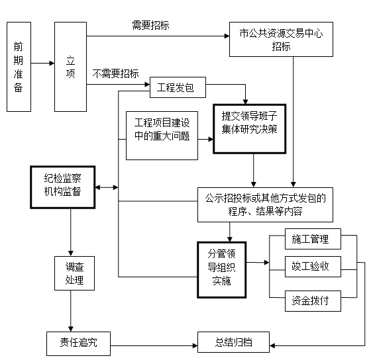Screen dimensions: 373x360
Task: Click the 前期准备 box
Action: [19, 67]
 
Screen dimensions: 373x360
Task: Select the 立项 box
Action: [70, 67]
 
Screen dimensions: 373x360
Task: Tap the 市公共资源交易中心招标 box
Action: [281, 40]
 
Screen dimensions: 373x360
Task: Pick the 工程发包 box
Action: [178, 87]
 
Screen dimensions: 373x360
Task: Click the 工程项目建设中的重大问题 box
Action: [162, 136]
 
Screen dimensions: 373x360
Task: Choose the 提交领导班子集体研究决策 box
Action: [250, 129]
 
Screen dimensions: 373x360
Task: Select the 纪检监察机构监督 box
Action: [63, 187]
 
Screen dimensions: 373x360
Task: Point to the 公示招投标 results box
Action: [265, 205]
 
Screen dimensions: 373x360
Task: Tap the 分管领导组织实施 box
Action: [222, 270]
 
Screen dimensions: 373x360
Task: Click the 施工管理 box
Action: [313, 239]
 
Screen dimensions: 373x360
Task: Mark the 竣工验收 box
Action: [313, 267]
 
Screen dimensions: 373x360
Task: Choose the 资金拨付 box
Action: [313, 301]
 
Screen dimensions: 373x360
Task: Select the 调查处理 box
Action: [74, 273]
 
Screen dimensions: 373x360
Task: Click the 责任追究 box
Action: [78, 343]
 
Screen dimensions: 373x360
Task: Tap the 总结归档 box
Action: [233, 342]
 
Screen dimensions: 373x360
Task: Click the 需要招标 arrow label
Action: [150, 25]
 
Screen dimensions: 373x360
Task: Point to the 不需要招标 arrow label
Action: [116, 73]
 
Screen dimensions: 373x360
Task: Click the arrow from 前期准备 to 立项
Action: [43, 64]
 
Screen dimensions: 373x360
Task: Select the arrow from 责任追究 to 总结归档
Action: [154, 345]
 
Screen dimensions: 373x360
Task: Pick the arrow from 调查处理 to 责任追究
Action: [71, 311]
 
